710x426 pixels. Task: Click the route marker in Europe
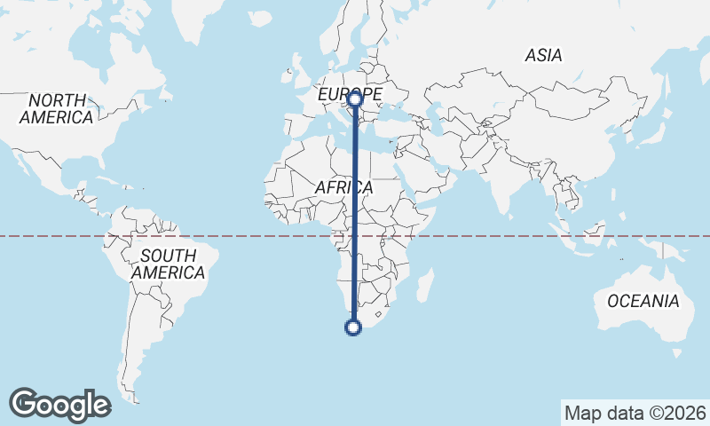point(354,99)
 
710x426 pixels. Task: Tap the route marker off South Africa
point(353,328)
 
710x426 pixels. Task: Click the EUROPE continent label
point(350,93)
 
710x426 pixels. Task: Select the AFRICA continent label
point(344,188)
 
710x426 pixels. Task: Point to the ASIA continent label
point(543,55)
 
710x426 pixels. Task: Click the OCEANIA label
point(643,302)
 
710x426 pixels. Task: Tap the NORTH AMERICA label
point(56,108)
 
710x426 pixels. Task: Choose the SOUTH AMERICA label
point(168,264)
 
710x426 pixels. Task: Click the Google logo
point(60,405)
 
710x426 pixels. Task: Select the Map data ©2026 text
point(635,413)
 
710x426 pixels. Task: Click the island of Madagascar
point(425,286)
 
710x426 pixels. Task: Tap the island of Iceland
point(260,17)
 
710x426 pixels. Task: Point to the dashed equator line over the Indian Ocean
point(497,236)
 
